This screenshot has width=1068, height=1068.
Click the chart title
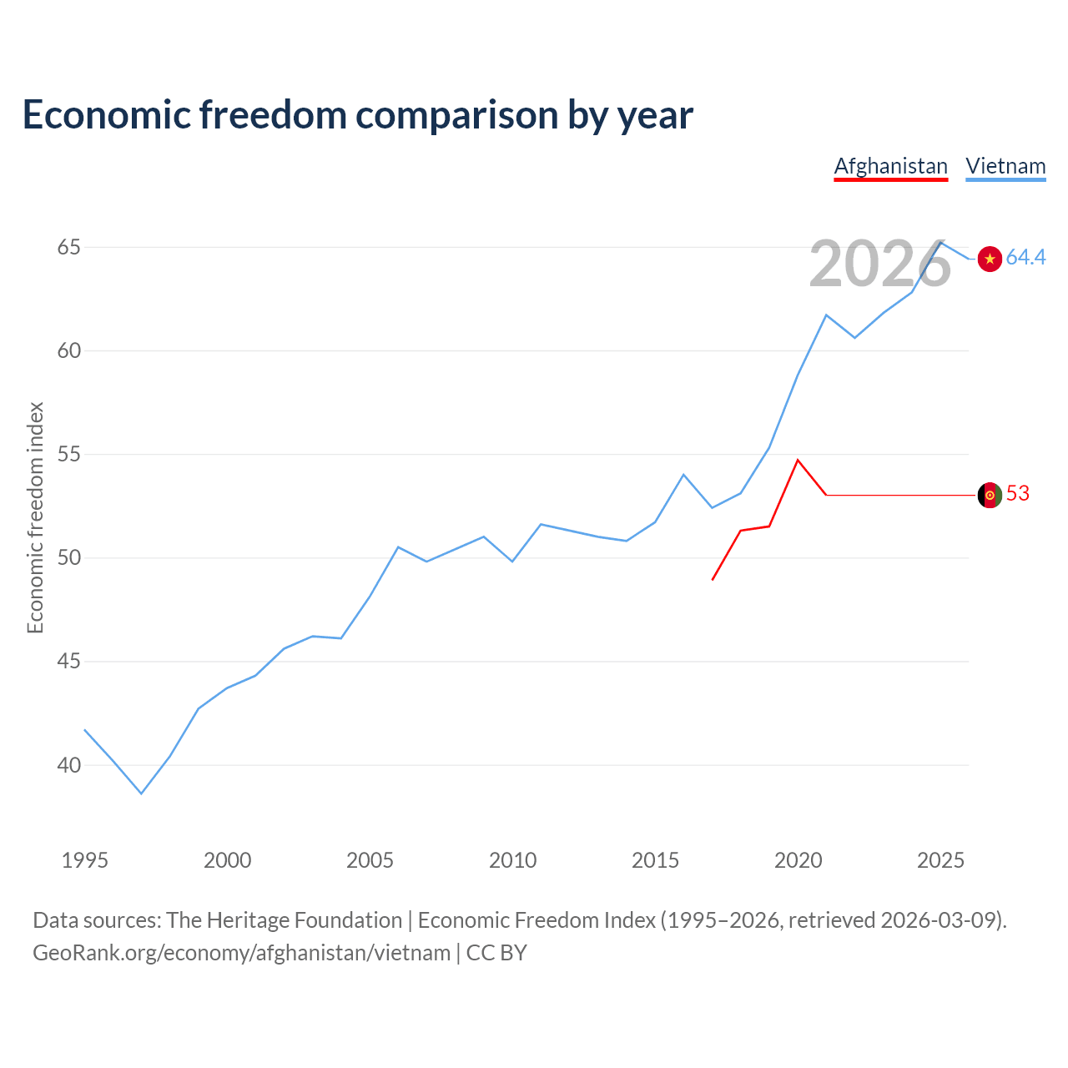click(358, 115)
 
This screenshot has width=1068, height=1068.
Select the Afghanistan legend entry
click(890, 166)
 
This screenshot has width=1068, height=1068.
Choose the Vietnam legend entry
click(1005, 166)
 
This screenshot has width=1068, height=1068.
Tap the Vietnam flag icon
click(990, 259)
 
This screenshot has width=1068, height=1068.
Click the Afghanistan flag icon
click(990, 496)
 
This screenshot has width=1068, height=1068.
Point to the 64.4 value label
click(1025, 258)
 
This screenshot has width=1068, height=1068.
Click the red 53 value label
click(1018, 494)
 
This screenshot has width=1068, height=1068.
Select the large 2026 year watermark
click(879, 264)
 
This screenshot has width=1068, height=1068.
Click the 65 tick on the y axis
click(69, 248)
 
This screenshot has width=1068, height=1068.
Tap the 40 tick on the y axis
click(69, 765)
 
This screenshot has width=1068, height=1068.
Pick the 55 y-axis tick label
click(69, 455)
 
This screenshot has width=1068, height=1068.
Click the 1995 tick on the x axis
click(85, 861)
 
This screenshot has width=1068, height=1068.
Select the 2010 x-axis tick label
click(512, 861)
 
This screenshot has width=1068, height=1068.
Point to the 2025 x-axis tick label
click(940, 861)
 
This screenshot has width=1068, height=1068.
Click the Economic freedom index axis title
click(35, 517)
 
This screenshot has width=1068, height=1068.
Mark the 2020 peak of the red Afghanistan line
click(798, 460)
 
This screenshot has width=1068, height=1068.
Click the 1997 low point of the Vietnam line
click(142, 793)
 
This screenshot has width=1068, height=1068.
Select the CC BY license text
click(496, 953)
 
